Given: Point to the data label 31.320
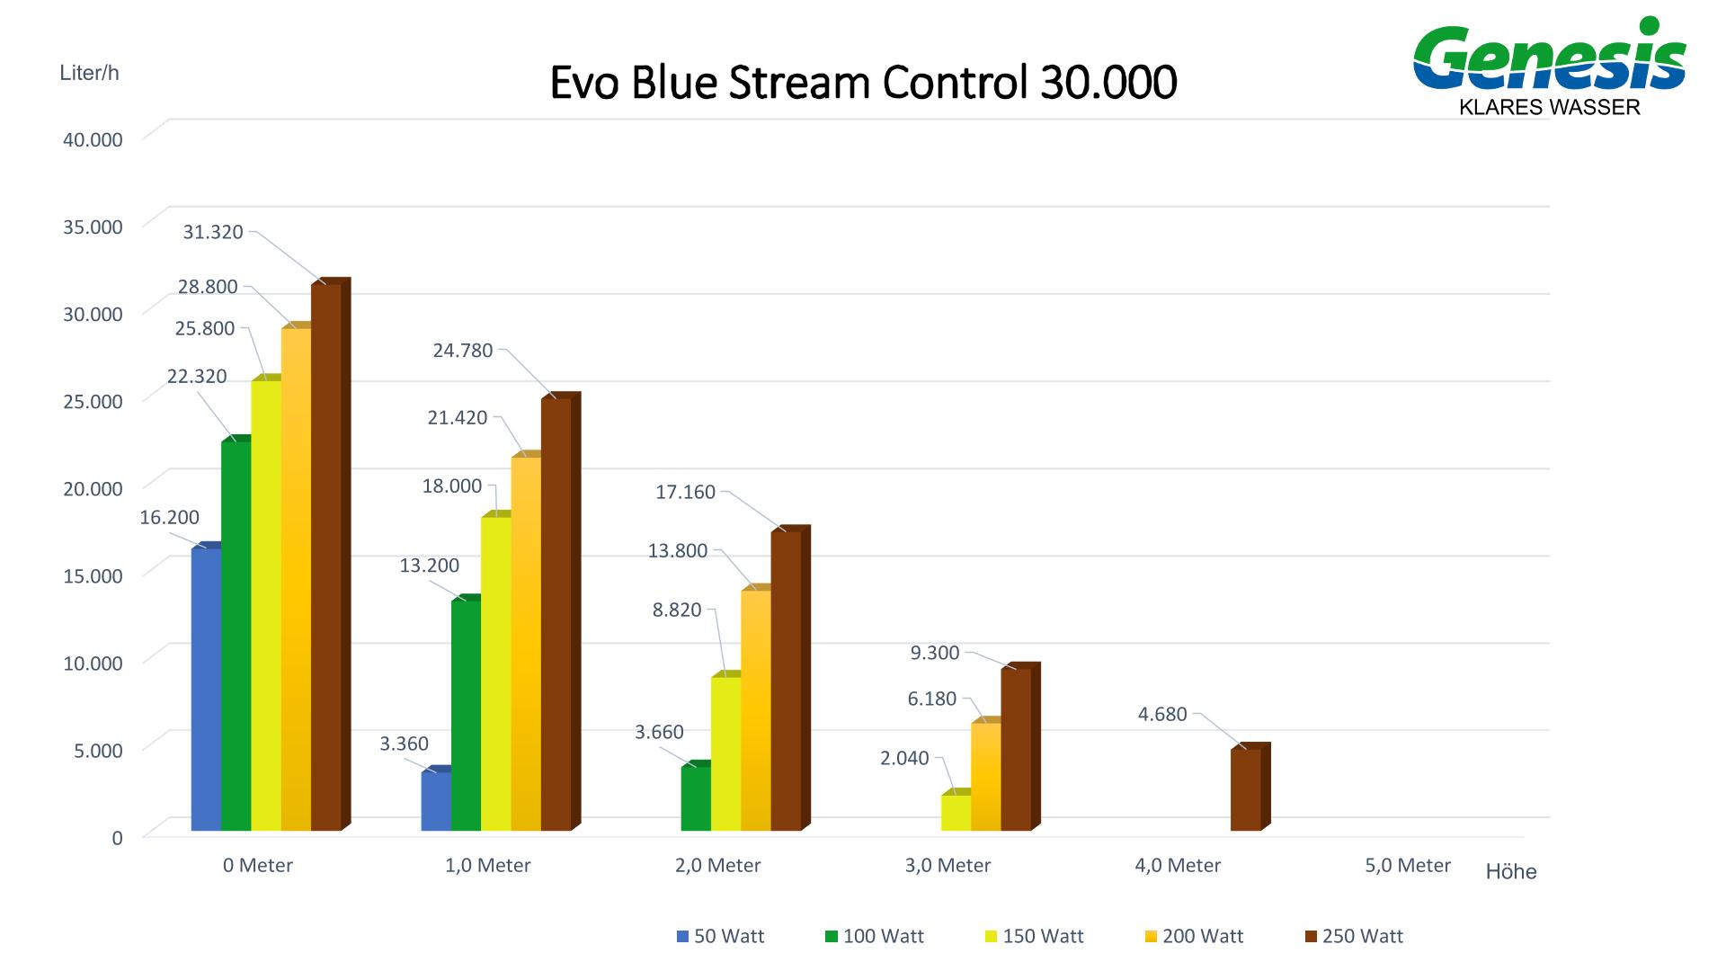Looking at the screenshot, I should click(213, 232).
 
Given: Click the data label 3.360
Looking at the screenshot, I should click(404, 744).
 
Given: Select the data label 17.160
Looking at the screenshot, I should click(685, 492).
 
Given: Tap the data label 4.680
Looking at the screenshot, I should click(1162, 714).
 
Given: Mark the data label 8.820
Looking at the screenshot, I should click(677, 610).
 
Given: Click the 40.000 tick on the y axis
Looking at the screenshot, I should click(93, 139).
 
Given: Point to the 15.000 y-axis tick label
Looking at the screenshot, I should click(93, 575).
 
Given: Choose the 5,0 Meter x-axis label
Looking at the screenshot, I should click(1408, 865).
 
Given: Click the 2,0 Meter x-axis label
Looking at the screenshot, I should click(717, 865).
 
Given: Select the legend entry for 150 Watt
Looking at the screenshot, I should click(1034, 936).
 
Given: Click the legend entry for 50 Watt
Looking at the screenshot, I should click(720, 936).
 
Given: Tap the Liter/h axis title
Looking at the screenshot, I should click(89, 73).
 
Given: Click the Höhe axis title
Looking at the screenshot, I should click(1511, 872).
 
